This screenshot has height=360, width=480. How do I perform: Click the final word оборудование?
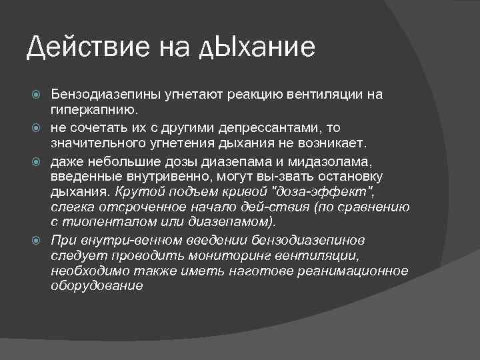[97, 286]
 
